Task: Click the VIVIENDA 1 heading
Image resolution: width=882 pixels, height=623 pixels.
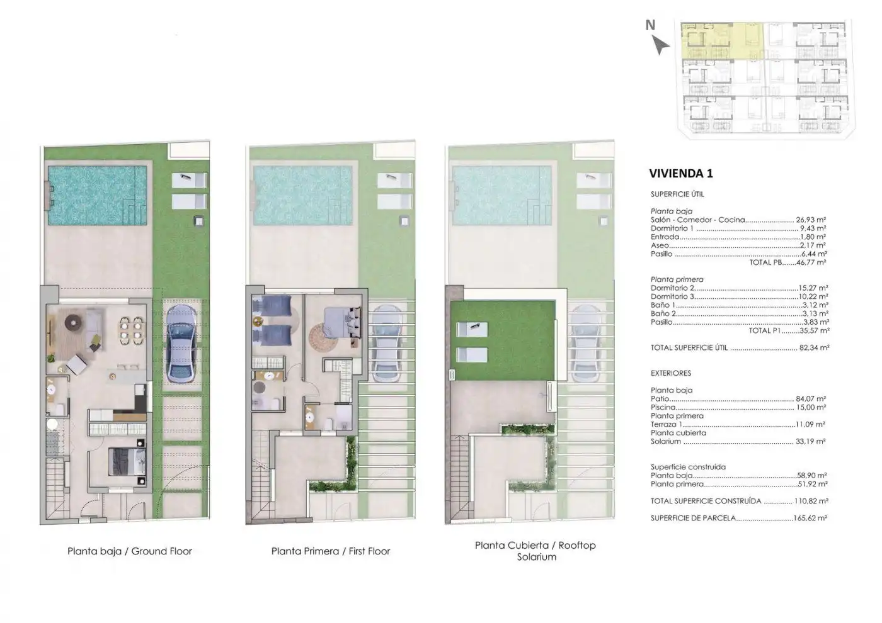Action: [681, 174]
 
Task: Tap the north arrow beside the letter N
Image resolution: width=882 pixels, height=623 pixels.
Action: [660, 45]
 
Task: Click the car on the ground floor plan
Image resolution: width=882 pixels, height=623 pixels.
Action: [181, 344]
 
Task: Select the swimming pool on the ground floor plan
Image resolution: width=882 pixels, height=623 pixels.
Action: [97, 196]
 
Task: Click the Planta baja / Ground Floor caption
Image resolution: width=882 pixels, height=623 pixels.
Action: [130, 551]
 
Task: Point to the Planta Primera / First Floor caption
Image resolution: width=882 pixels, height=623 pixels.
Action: [331, 551]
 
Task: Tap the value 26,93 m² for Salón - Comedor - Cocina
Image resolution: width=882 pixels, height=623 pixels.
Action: [811, 220]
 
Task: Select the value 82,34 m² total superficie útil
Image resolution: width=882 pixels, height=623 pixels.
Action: [814, 347]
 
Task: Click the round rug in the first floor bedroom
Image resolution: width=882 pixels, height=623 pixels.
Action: [323, 337]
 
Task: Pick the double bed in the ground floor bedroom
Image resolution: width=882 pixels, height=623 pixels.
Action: [127, 462]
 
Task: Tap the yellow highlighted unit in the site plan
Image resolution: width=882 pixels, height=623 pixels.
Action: [722, 41]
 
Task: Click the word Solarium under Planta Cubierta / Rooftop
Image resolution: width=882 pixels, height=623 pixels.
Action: [536, 557]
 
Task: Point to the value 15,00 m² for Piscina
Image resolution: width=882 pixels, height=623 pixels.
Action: [811, 408]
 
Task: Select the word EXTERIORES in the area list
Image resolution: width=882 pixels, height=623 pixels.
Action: [670, 373]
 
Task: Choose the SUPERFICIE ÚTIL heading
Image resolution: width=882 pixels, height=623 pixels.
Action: [677, 194]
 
